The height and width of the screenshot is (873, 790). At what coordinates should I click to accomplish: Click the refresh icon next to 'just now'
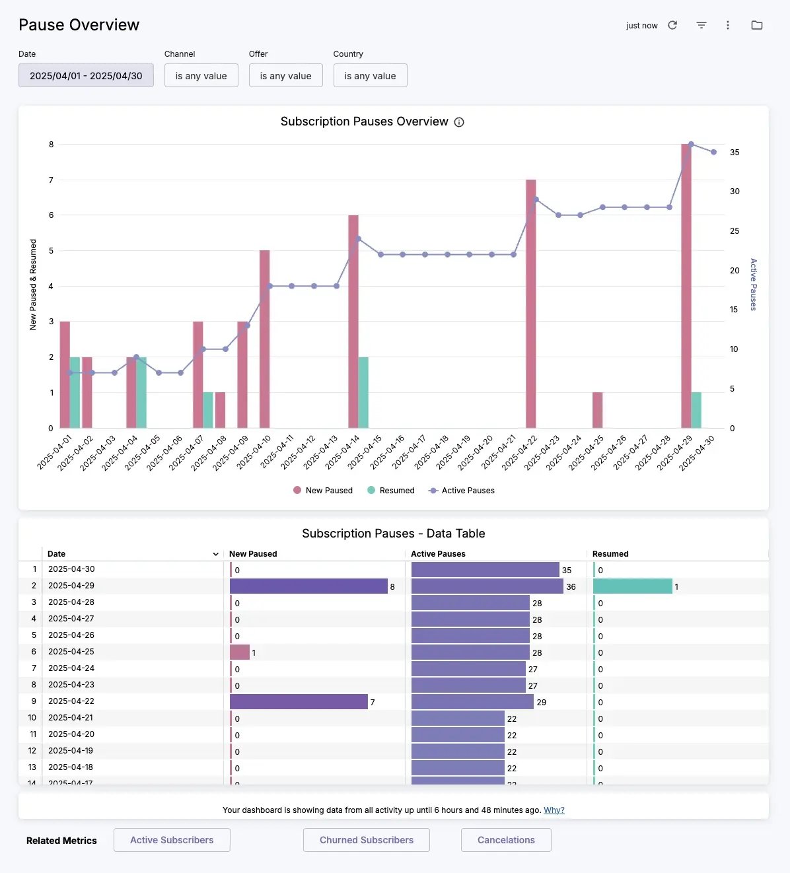[x=672, y=25]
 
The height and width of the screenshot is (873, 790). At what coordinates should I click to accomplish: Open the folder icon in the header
[x=757, y=25]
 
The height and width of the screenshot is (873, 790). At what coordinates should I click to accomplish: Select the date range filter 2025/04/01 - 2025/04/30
[x=86, y=75]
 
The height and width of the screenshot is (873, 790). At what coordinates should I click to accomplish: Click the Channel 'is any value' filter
[x=201, y=75]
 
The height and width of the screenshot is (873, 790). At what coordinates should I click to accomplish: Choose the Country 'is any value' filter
[x=370, y=75]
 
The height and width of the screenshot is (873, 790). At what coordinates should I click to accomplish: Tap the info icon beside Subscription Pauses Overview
[x=459, y=122]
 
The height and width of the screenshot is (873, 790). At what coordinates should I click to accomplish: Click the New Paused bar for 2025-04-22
[x=530, y=304]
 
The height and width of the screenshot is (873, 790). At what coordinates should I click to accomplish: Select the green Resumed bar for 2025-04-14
[x=363, y=392]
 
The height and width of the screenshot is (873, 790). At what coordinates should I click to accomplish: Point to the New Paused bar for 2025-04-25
[x=597, y=410]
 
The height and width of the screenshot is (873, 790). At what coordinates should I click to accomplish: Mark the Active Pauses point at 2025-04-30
[x=713, y=152]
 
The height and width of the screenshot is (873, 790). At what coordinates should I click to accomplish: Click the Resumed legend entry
[x=390, y=491]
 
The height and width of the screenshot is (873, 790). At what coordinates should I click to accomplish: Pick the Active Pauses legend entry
[x=462, y=491]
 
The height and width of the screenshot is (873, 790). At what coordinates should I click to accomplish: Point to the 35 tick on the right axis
[x=735, y=153]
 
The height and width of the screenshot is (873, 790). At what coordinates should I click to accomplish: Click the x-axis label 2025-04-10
[x=254, y=452]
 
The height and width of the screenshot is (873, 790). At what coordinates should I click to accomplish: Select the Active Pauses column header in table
[x=438, y=554]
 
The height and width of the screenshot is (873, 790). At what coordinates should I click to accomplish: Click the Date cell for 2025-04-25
[x=71, y=652]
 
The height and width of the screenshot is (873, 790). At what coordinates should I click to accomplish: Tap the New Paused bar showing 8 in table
[x=308, y=586]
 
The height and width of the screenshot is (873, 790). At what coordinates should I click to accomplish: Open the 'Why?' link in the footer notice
[x=554, y=810]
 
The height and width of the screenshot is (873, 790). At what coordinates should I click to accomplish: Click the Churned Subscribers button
[x=366, y=840]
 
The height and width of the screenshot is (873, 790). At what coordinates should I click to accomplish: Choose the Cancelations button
[x=506, y=840]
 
